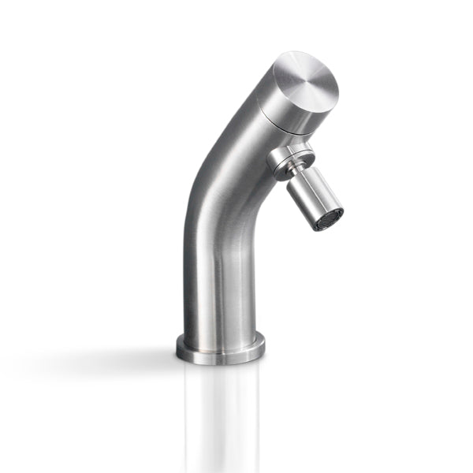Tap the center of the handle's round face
coord(308,80)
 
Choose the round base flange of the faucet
coord(220,348)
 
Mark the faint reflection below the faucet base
coord(220,410)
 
